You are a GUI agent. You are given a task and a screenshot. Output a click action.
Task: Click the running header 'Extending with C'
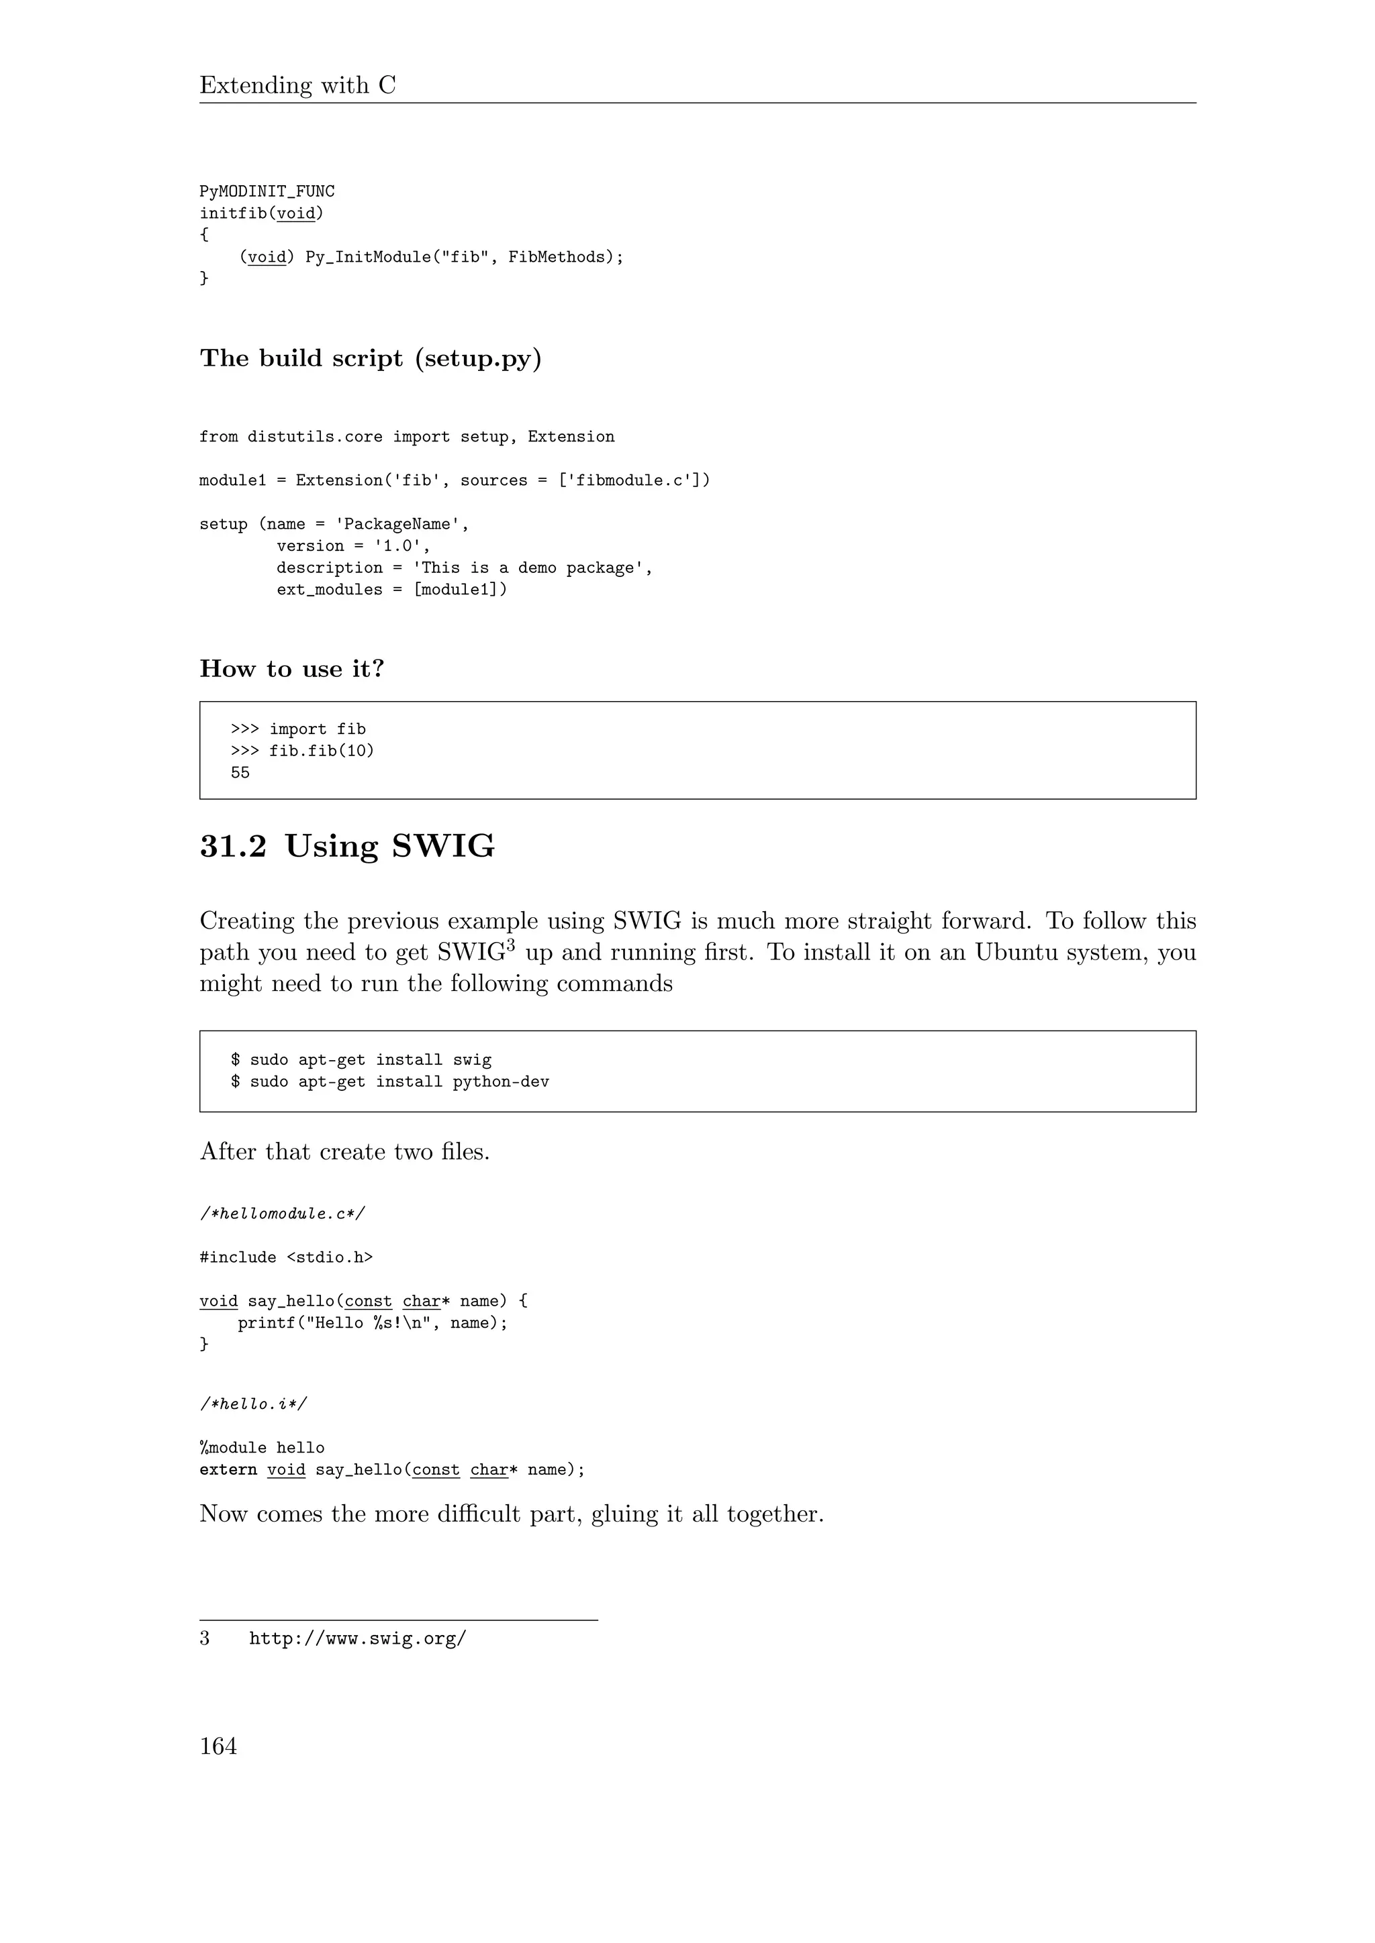297,85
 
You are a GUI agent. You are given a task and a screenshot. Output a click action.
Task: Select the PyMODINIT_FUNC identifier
267,192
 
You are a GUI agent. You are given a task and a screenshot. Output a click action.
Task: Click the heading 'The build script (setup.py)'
370,359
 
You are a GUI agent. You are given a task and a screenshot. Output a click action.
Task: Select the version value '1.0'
397,547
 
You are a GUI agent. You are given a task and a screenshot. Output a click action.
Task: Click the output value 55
240,773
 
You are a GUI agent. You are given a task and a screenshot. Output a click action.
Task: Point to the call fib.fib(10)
321,751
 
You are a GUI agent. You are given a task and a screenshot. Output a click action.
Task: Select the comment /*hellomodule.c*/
282,1214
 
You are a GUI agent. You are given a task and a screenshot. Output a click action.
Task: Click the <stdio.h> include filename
330,1257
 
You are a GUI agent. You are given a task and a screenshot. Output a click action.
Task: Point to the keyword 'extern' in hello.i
228,1470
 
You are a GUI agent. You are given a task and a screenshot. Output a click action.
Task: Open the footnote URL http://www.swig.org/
357,1639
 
